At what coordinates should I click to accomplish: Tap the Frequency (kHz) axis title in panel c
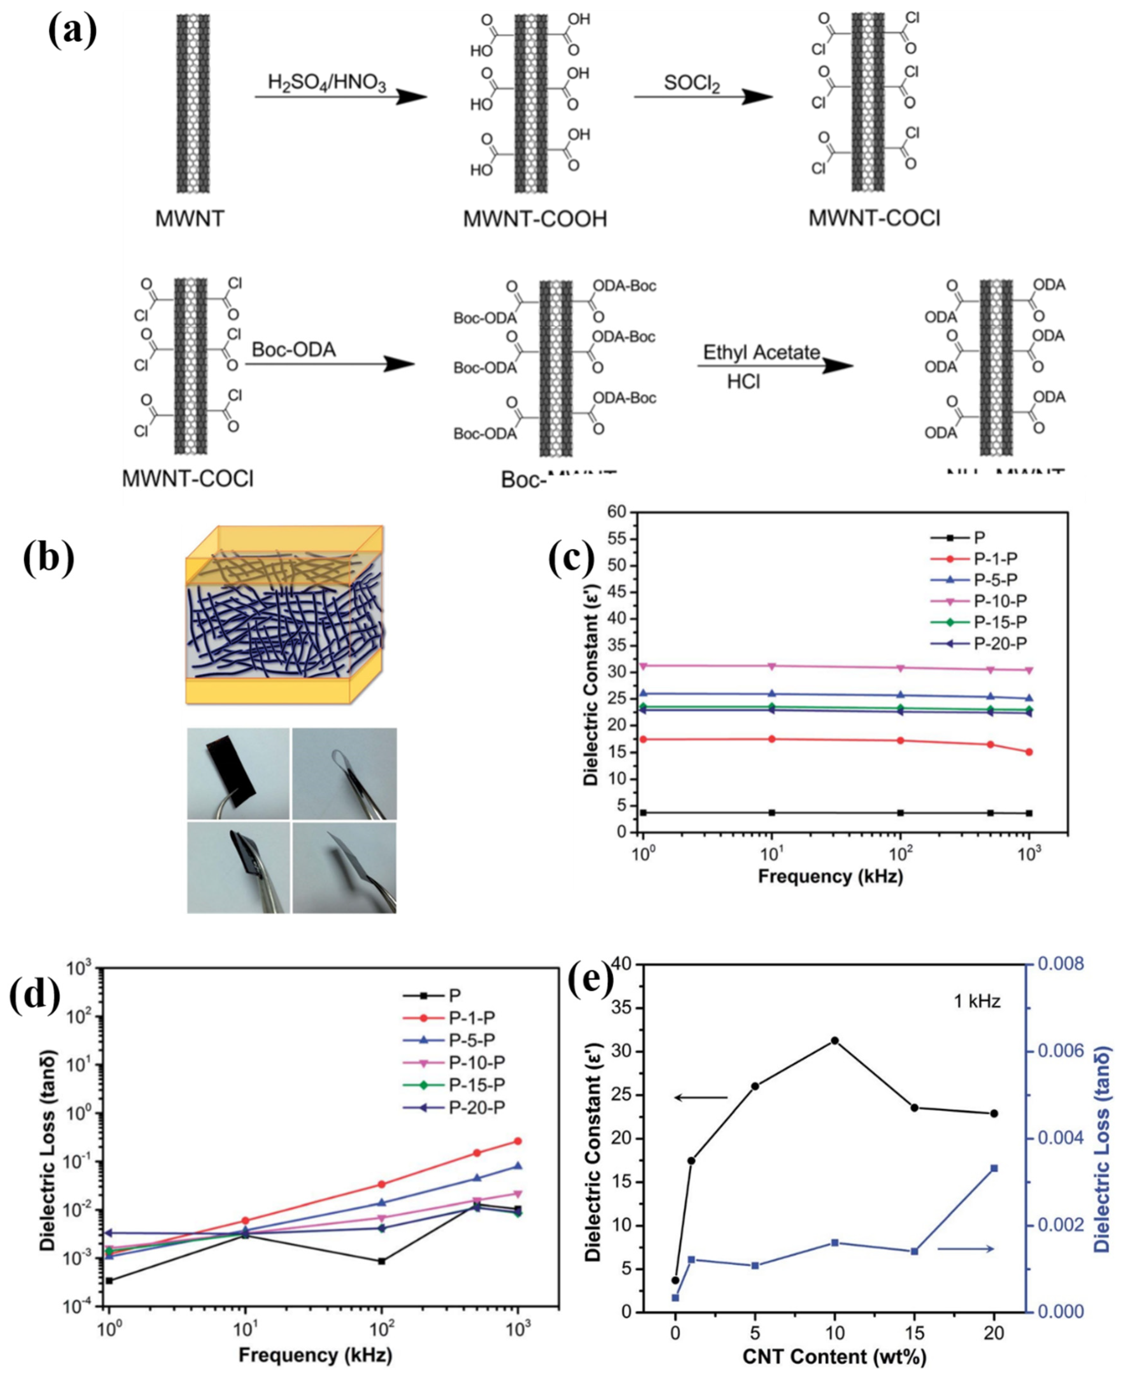click(x=830, y=876)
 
